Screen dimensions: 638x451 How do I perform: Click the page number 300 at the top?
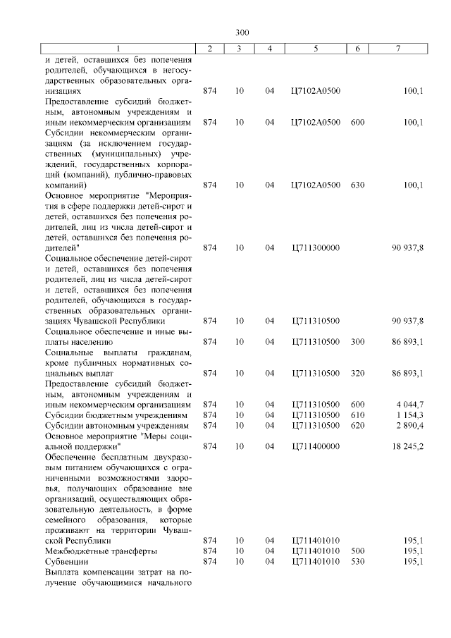coord(242,32)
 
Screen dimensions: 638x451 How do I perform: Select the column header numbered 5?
coord(315,48)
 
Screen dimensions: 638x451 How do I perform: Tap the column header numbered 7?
coord(398,48)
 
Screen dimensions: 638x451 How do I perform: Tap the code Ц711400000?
coord(315,446)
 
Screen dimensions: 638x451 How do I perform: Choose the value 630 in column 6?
coord(357,185)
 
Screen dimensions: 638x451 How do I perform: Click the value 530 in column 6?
coord(357,561)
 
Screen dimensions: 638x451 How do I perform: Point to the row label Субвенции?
coord(66,561)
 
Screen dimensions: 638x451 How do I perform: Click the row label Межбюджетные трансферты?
coord(101,551)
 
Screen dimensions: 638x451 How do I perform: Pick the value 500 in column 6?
coord(357,551)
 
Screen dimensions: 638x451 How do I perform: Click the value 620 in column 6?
coord(357,425)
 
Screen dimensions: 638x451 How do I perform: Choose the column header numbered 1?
coord(118,48)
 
